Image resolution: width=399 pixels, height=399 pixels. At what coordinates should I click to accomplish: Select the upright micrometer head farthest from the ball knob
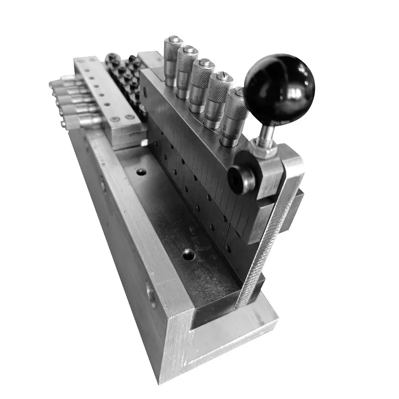[173, 60]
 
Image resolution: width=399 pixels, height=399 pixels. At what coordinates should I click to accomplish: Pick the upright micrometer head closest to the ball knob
[233, 117]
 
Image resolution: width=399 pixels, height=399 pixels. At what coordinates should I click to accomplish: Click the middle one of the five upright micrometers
[201, 85]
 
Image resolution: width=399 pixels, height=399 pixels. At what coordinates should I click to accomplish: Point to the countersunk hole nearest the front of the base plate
[188, 254]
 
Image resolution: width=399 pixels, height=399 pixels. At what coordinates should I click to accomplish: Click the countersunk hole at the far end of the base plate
[142, 172]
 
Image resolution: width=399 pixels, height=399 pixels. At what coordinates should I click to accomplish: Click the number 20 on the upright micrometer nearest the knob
[227, 128]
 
